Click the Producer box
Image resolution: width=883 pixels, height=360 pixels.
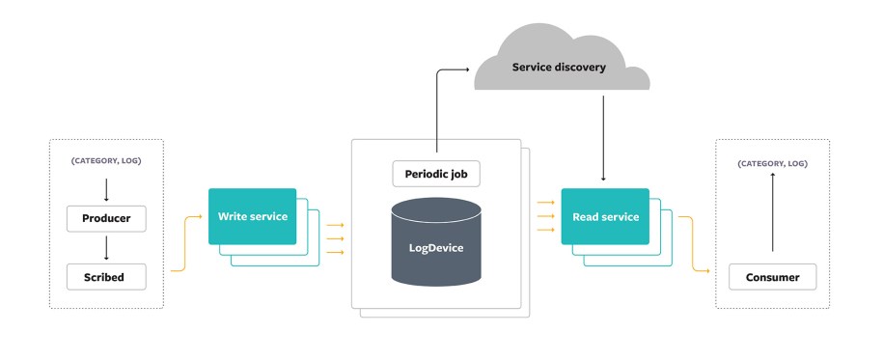pos(105,218)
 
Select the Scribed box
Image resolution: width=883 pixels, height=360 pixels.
pos(105,277)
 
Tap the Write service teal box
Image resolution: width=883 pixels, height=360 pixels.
pos(252,216)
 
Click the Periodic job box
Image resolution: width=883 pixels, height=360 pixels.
pos(435,174)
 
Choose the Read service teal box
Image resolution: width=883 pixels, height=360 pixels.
pos(605,216)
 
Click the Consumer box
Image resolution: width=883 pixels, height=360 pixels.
pos(772,277)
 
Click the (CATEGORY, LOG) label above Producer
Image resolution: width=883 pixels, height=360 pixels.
pos(105,160)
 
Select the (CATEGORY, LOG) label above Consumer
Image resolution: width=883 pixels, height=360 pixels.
pos(772,164)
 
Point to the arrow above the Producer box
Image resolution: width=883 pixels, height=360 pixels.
pos(105,189)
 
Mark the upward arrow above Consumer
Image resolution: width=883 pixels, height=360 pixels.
pos(772,218)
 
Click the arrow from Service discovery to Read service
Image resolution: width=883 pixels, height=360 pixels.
pos(604,135)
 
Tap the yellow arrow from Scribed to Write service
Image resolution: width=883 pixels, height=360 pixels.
pos(185,246)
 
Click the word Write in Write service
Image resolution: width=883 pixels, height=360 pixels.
pos(234,216)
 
